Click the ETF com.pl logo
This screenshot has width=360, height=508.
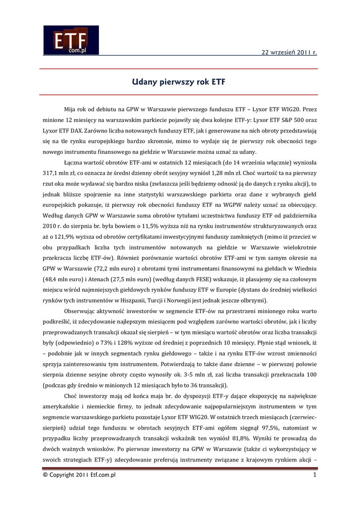click(71, 40)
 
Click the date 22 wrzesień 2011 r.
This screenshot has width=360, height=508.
click(289, 52)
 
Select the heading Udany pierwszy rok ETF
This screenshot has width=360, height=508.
click(180, 81)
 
